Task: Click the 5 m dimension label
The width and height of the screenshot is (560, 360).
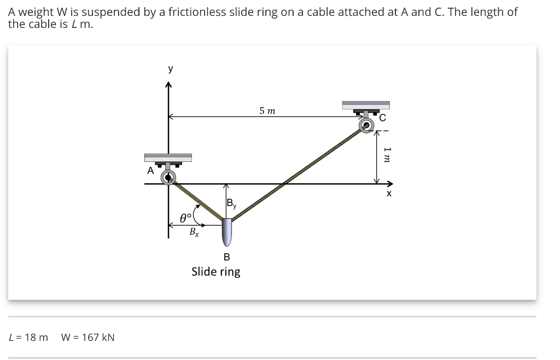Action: [267, 111]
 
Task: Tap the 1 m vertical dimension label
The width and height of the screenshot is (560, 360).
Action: [387, 154]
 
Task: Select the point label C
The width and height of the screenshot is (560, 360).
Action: [382, 118]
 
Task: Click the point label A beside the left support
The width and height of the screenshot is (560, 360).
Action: [150, 171]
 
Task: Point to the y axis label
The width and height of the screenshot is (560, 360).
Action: [171, 69]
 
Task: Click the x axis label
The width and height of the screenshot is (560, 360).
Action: [389, 194]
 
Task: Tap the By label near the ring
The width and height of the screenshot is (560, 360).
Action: [231, 205]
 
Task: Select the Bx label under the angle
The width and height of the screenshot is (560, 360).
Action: [194, 231]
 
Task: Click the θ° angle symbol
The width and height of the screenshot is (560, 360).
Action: [186, 218]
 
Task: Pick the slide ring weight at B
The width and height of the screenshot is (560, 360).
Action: [227, 232]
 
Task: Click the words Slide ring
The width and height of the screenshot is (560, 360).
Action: [215, 271]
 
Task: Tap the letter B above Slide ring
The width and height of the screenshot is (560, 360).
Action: [226, 257]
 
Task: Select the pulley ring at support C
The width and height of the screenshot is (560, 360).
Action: [366, 125]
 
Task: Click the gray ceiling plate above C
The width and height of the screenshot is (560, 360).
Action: [365, 105]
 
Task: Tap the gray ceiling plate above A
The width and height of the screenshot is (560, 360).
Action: [168, 158]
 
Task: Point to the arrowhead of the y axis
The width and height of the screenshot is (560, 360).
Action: [168, 85]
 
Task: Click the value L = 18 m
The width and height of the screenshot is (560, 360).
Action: [28, 337]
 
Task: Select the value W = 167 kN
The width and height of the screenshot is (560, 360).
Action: [88, 337]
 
